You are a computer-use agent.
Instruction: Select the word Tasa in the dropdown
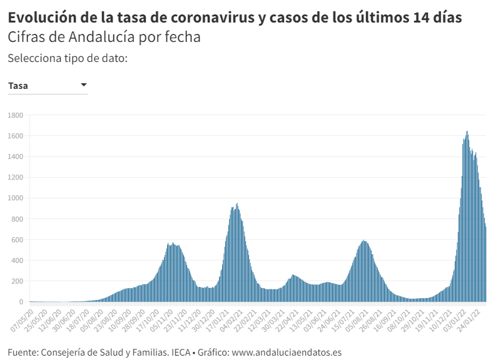coord(18,86)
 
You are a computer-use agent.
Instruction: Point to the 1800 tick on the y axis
coord(15,115)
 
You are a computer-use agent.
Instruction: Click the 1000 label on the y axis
coord(15,198)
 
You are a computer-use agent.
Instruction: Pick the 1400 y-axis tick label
coord(15,157)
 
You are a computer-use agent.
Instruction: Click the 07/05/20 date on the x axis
coord(21,317)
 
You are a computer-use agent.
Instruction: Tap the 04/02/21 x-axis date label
coord(230,317)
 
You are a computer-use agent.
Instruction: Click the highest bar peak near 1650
coord(467,133)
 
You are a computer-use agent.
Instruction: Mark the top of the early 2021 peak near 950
coord(237,205)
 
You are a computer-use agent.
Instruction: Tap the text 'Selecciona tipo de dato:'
coord(68,58)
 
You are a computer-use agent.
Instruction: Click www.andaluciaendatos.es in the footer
coord(287,352)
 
